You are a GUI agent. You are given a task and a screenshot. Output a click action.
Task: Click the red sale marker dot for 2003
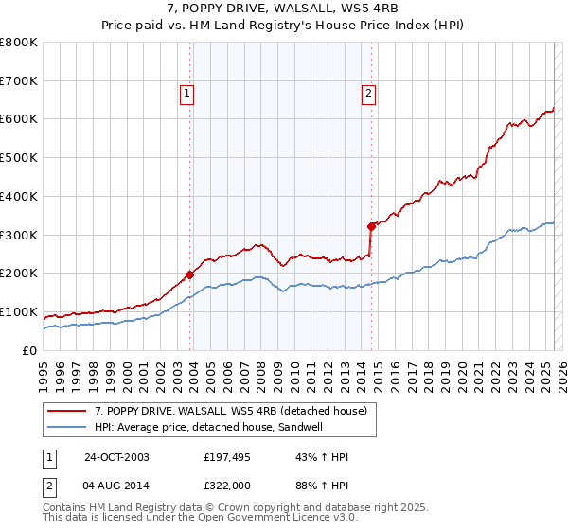coord(189,274)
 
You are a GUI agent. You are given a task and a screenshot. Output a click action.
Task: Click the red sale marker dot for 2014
coord(371,226)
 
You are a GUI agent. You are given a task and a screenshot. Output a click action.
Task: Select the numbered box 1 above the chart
coord(187,93)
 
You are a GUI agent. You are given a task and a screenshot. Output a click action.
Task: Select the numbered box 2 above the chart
coord(367,93)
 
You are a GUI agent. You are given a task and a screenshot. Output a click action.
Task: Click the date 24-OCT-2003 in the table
coord(116,458)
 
